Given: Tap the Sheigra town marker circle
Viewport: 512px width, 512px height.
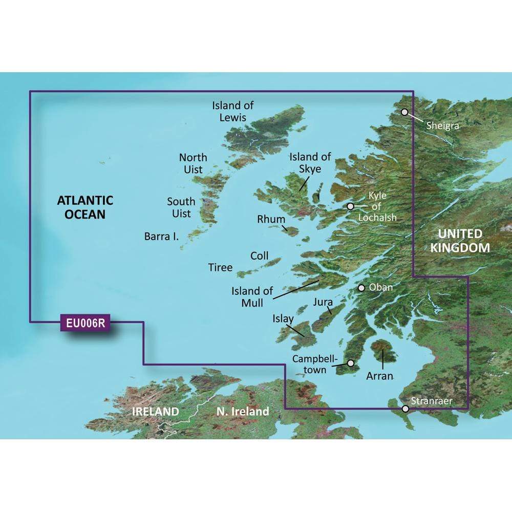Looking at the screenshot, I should (404, 112).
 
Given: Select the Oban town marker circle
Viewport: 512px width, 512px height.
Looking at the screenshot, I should (361, 288).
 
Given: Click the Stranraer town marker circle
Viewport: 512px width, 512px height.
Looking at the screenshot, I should (406, 409).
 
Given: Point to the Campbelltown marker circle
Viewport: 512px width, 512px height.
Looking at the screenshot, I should (351, 363).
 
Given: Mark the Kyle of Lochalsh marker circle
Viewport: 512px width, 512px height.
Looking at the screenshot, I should (350, 206).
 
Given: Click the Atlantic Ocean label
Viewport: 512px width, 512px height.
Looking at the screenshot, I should (85, 207).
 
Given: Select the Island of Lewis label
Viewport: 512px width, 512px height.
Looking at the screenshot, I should (233, 111).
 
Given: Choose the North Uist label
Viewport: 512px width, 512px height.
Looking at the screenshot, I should (193, 163).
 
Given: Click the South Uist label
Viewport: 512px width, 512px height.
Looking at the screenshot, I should (181, 207).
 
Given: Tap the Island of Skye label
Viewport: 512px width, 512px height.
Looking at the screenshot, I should (310, 162).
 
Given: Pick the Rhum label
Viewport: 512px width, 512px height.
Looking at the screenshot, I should (271, 219).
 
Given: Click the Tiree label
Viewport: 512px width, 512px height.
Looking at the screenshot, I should (220, 267).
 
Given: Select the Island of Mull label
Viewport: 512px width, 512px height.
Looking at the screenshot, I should (246, 297).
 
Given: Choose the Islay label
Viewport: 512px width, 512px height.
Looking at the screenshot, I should (284, 319).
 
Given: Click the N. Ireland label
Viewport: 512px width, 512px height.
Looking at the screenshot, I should (243, 411).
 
